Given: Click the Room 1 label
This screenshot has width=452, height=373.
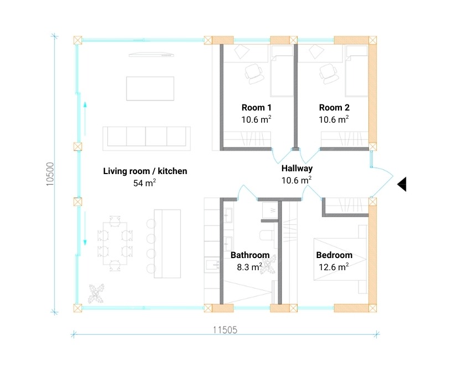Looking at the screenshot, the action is (x=256, y=107).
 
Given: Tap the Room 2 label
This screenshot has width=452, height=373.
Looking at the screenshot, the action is (x=334, y=107).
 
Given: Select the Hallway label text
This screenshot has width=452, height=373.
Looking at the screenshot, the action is (x=297, y=168).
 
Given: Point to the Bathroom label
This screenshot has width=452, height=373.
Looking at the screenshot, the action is (x=250, y=255).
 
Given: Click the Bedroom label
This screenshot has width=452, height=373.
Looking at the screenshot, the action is (x=334, y=255).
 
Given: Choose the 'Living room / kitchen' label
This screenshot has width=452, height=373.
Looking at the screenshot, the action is (x=145, y=171).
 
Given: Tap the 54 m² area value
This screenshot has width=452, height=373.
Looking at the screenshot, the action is (x=144, y=183).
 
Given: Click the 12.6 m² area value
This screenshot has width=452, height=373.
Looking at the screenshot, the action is (x=334, y=267).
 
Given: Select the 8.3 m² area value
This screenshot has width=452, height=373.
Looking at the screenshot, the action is (x=250, y=267).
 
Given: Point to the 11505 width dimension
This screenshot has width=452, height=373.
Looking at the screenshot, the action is (x=225, y=330).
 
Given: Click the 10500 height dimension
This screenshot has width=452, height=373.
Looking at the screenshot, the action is (x=50, y=174).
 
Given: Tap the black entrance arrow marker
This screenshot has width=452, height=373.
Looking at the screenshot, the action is (x=402, y=184).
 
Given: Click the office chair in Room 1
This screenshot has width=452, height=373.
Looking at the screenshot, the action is (x=254, y=73).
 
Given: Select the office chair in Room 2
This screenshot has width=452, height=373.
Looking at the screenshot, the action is (x=328, y=73).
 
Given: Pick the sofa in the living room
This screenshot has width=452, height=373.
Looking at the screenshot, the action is (x=147, y=138).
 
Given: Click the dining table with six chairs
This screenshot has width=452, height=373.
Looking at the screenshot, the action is (x=115, y=243).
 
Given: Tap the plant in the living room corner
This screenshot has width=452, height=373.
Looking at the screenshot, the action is (x=96, y=293).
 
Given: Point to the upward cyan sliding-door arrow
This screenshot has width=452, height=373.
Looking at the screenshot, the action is (x=85, y=118).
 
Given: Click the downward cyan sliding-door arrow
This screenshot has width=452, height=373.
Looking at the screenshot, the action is (x=85, y=228).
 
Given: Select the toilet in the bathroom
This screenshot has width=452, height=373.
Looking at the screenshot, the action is (x=267, y=235).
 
